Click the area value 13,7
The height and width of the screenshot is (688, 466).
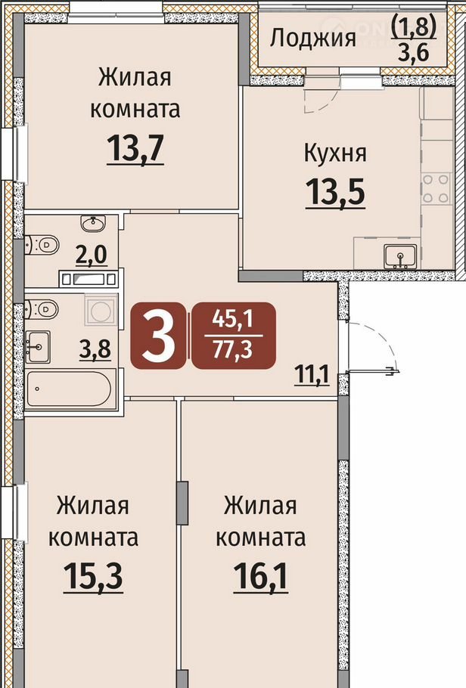[135, 148]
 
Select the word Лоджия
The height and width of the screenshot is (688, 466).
[312, 39]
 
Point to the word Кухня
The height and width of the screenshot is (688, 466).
[335, 154]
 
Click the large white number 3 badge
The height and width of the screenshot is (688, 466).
[157, 336]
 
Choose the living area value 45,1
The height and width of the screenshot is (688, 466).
[233, 319]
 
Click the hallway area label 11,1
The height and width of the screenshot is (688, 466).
[312, 376]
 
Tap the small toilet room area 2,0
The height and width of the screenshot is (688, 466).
[92, 255]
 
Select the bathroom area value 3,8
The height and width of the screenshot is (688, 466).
[95, 350]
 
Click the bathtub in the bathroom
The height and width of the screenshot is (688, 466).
[70, 389]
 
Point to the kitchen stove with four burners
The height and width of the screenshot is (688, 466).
[436, 189]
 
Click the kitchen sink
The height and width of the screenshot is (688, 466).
[400, 256]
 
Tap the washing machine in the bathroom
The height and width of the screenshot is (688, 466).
[101, 310]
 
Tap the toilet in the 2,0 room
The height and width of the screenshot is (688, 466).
[42, 245]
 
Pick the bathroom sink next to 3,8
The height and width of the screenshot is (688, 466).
[38, 347]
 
